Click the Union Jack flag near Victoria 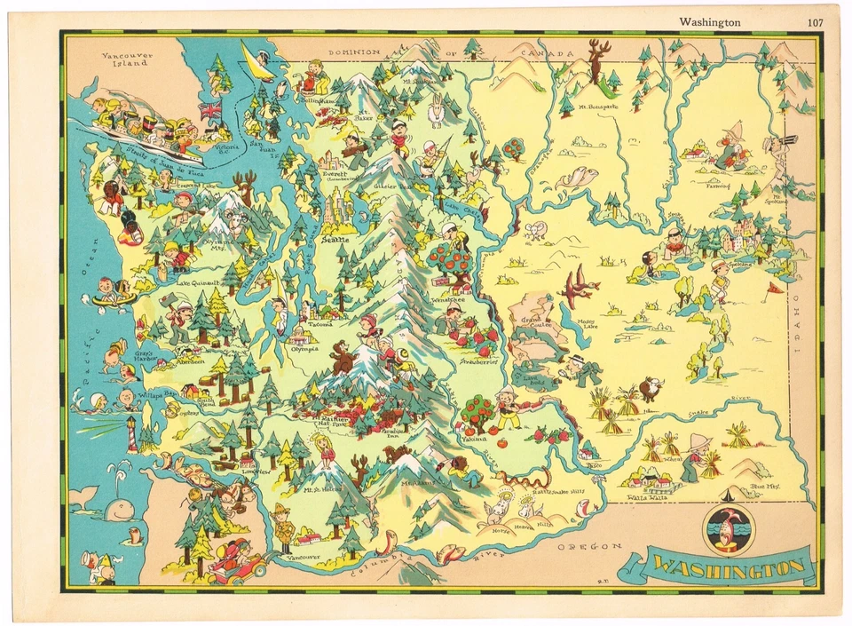coord(210,110)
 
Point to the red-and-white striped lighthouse coord(132,434)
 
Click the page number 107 coord(815,22)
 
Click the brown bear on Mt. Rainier coord(342,357)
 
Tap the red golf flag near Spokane coord(775,288)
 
